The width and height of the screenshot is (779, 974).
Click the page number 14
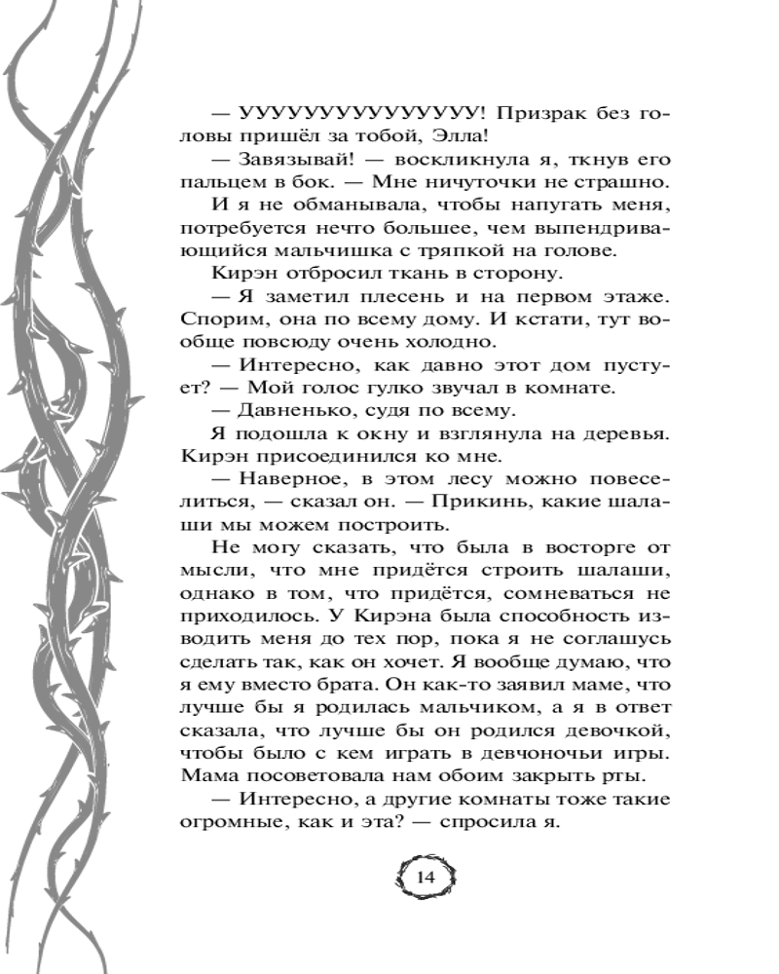(426, 877)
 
